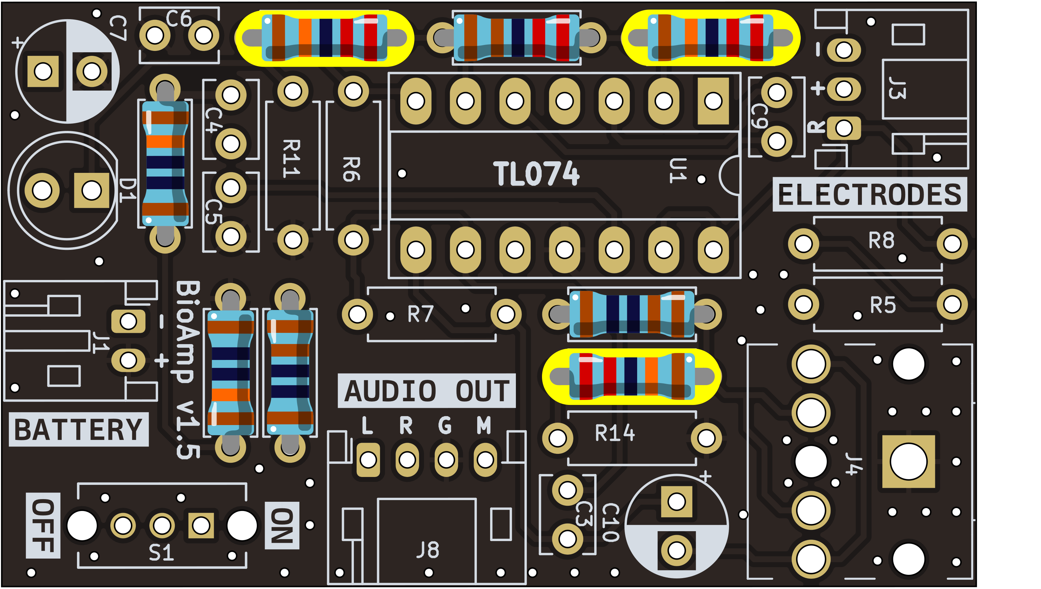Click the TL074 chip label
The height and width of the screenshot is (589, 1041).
(536, 174)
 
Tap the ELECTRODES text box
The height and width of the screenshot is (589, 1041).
(869, 195)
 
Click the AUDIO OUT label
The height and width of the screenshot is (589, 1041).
(427, 391)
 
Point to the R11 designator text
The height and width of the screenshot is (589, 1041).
(291, 159)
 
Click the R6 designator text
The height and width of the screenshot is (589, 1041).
(351, 169)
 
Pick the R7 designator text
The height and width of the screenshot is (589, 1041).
(421, 314)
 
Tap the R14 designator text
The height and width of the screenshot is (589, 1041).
(615, 433)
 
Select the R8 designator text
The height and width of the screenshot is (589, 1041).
(881, 241)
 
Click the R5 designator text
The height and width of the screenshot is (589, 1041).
(883, 305)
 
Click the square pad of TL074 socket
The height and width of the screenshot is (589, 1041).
(713, 101)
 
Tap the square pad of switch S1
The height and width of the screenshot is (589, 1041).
(201, 526)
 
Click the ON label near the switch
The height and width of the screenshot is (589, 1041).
(282, 526)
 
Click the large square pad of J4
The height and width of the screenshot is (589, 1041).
(908, 461)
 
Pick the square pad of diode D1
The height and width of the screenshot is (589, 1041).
(92, 190)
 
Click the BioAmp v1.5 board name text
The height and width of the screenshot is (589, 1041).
(188, 370)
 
